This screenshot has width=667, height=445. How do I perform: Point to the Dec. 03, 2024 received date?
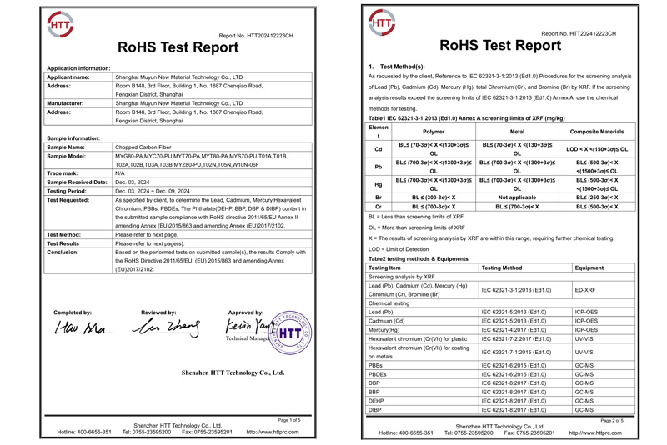(134, 182)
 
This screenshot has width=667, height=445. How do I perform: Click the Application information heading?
(79, 67)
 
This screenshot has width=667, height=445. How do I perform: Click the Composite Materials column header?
(596, 132)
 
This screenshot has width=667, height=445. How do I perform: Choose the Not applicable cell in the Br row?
(517, 197)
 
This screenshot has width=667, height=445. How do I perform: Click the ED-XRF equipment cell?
(586, 289)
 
